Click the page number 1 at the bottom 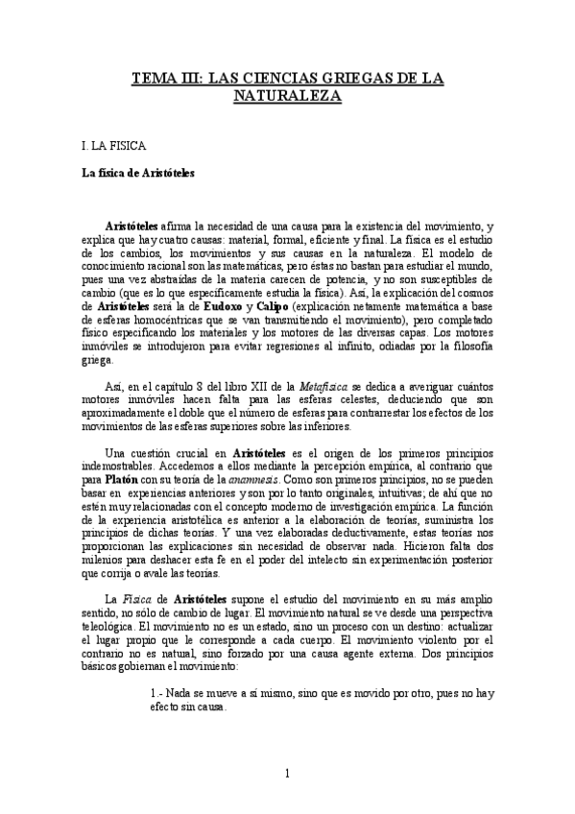[287, 773]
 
